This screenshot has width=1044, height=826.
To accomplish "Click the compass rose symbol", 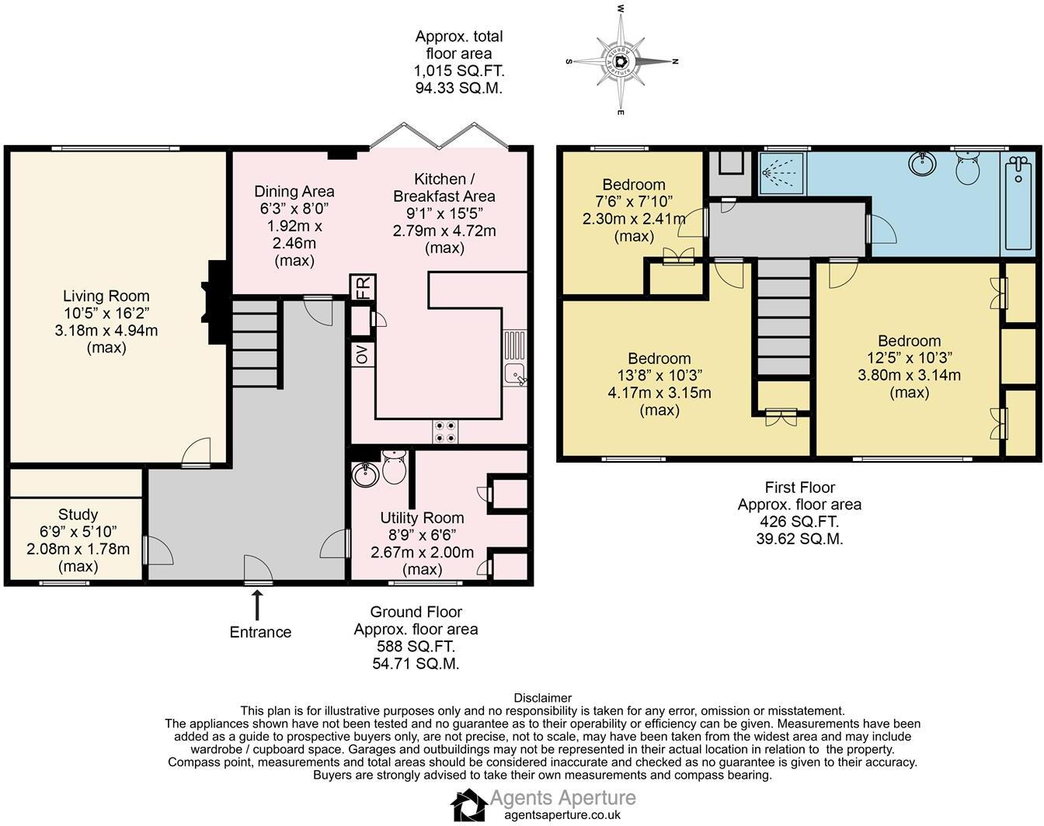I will (621, 61).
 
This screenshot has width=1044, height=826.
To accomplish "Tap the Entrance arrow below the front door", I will (257, 603).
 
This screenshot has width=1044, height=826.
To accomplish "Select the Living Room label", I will (106, 296).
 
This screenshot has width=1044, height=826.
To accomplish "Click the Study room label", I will (78, 515).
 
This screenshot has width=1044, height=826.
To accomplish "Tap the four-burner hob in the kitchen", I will (445, 431).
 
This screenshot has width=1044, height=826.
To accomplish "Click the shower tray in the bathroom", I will (782, 173).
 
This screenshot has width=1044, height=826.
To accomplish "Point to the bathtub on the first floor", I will (1018, 201).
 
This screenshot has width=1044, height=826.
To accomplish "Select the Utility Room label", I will (422, 518).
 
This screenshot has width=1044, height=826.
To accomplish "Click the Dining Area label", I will (294, 191).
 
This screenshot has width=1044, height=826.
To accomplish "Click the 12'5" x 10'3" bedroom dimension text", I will (909, 358).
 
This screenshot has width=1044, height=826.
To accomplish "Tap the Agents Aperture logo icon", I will (468, 804).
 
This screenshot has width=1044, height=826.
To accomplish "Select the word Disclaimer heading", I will (543, 698).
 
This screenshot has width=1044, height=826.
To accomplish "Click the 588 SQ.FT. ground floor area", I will (416, 646).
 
